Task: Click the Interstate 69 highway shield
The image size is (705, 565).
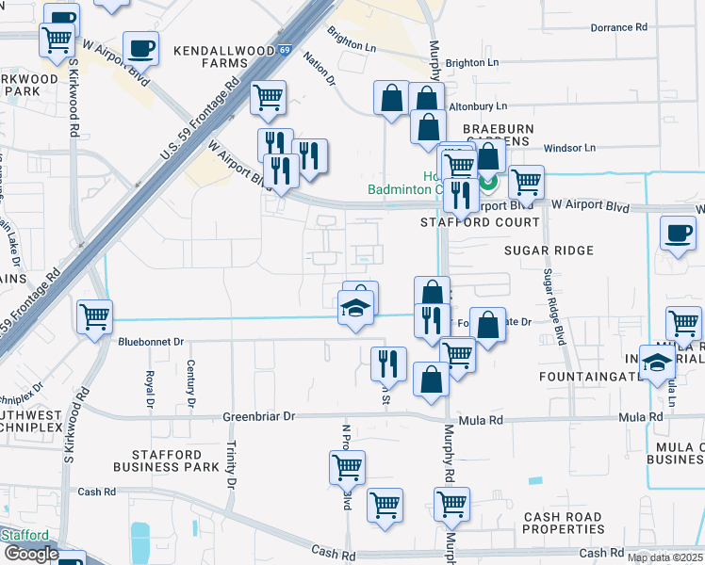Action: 285,50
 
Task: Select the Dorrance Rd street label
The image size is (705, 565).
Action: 618,27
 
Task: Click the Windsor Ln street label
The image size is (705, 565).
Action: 570,148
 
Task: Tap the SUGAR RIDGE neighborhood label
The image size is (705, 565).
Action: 549,250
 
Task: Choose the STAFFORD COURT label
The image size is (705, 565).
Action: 480,222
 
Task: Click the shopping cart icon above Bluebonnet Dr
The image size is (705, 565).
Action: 94,316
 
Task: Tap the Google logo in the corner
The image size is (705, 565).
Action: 30,554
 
